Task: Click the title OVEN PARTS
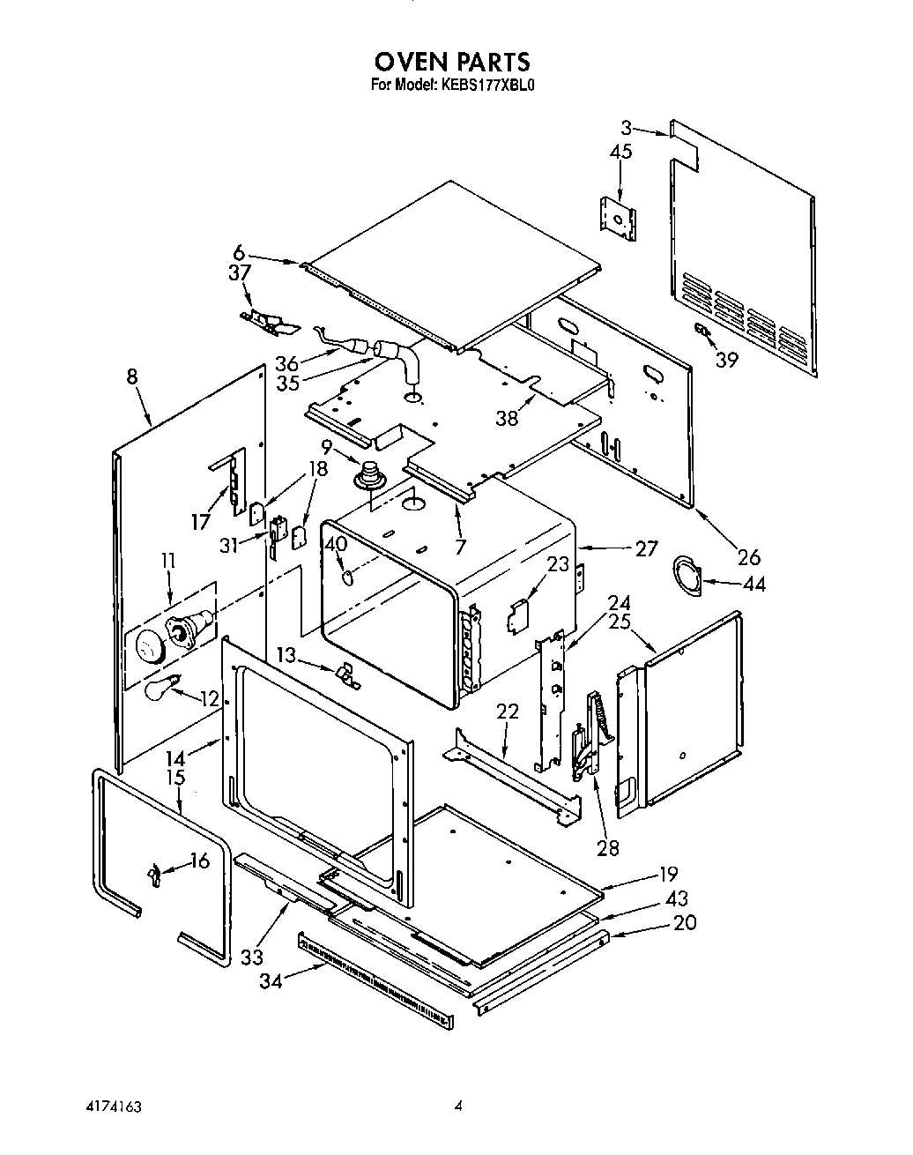coord(452,62)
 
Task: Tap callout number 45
coord(620,152)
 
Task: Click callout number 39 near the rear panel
coord(726,360)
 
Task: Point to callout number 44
coord(754,584)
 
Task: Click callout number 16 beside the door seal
coord(201,860)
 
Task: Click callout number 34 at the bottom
coord(271,980)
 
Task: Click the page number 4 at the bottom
coord(458,1106)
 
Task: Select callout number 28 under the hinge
coord(607,848)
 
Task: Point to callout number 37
coord(239,273)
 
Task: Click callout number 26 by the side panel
coord(749,556)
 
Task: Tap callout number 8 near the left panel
coord(131,376)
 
